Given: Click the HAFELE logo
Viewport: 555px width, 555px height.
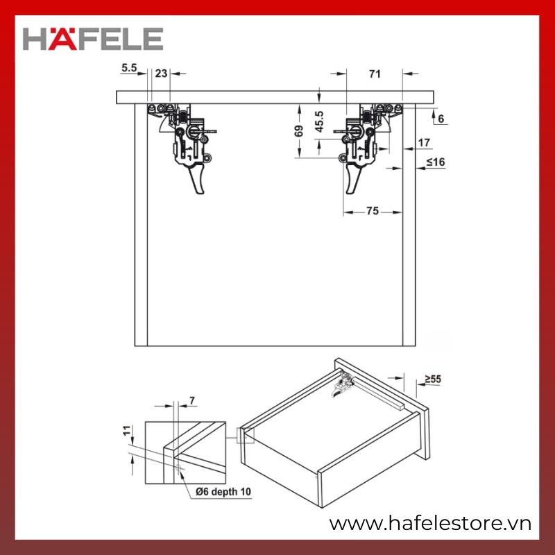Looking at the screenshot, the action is tap(93, 39).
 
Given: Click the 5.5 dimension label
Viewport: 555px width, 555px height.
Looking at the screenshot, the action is tap(129, 67).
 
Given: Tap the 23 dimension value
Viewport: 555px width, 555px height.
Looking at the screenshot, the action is tap(161, 74).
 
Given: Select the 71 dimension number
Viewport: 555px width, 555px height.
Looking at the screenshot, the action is tap(375, 74).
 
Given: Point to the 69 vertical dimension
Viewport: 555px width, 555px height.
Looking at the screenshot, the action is tap(299, 131).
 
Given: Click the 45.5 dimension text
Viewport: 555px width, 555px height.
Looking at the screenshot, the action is tap(319, 121).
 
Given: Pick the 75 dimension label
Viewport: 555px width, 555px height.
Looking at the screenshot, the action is tap(373, 211).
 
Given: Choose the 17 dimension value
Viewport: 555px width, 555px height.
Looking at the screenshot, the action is tap(424, 143).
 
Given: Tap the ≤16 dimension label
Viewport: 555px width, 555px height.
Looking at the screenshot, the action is tap(436, 162).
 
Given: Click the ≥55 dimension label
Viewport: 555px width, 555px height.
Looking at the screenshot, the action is tap(433, 379).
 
